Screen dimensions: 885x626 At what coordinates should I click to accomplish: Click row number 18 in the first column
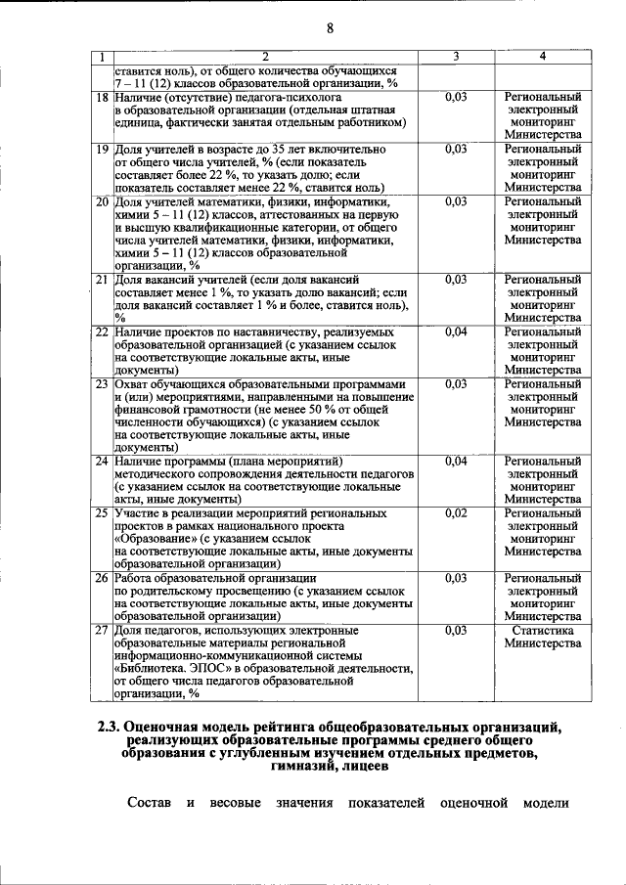click(102, 98)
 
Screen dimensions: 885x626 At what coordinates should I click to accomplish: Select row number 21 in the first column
click(102, 280)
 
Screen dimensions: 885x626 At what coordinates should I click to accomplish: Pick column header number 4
click(543, 58)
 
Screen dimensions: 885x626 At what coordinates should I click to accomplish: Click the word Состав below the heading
click(150, 804)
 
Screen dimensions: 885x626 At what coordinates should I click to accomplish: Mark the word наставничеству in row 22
click(252, 332)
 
